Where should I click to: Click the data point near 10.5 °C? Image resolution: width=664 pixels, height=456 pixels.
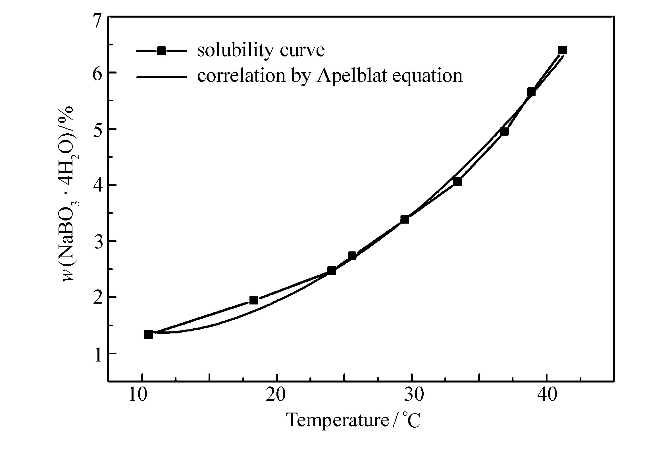[149, 335]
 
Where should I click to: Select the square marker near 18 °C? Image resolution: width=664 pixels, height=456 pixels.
[254, 300]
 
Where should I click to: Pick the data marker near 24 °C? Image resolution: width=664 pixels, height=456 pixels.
[332, 270]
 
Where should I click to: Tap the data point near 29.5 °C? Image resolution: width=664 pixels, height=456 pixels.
[405, 219]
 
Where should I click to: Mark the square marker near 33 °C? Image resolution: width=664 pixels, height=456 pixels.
[457, 182]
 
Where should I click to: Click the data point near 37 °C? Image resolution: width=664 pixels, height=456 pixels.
[504, 132]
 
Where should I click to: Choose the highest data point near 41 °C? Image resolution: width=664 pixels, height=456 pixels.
[562, 50]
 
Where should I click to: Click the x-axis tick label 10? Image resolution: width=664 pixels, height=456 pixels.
[138, 395]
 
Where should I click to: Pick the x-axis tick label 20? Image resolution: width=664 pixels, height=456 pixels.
[276, 395]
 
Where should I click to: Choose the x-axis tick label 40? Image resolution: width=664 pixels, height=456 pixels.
[547, 395]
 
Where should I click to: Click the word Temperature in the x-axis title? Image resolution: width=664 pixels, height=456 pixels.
[338, 420]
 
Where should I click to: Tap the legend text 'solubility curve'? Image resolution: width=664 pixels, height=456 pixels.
[261, 51]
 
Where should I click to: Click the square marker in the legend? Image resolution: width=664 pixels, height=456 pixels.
[161, 51]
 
